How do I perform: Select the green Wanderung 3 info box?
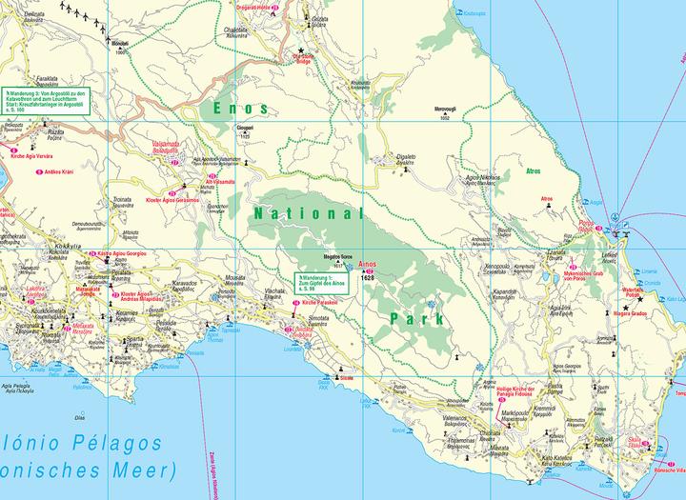[45, 101]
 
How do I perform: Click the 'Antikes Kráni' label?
[54, 171]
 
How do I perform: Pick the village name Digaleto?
[406, 159]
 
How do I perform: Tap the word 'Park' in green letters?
[417, 318]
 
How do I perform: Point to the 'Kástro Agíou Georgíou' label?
[124, 253]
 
